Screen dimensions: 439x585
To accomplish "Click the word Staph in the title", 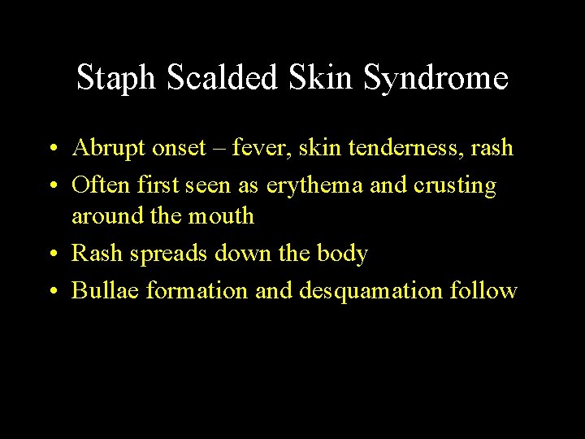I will [x=115, y=79].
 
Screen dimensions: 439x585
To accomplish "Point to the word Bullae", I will [x=105, y=290].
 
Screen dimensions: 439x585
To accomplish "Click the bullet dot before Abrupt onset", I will [x=51, y=150].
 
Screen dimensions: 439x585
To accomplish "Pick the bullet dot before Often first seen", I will [x=51, y=187].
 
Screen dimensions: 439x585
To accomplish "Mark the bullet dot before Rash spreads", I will [x=51, y=255].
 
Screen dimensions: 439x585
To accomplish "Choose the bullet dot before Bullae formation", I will [x=51, y=291].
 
